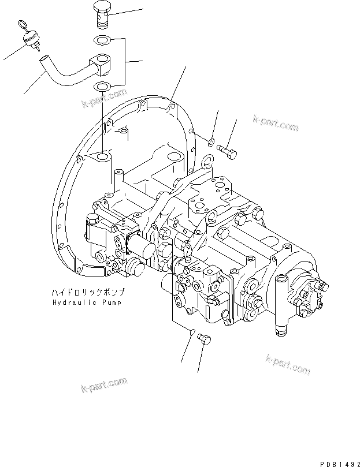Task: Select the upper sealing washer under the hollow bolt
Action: point(102,41)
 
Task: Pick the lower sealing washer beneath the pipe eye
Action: point(102,87)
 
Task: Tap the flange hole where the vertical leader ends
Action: point(102,157)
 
